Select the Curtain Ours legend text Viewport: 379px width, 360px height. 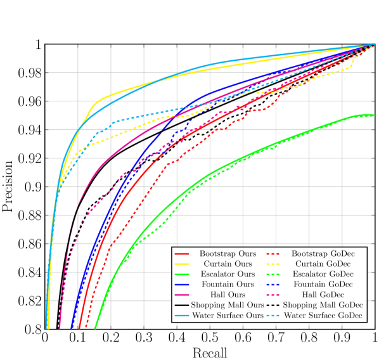point(226,264)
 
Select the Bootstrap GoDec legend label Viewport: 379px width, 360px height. point(323,254)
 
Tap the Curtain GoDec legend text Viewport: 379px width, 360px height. point(323,264)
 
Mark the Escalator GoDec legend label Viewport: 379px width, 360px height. point(323,274)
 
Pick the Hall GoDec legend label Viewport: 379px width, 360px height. point(323,295)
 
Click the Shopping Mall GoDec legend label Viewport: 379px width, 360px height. point(323,305)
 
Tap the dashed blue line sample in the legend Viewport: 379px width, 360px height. point(275,285)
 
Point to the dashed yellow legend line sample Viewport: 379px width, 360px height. point(275,264)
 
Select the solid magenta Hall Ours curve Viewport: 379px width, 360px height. point(127,145)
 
